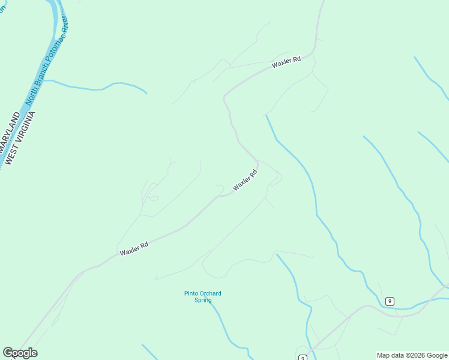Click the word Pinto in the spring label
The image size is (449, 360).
click(190, 293)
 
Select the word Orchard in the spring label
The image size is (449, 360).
click(210, 293)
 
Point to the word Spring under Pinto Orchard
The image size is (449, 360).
click(203, 300)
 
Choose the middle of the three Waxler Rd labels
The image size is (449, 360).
click(245, 180)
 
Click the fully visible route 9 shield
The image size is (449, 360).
click(390, 301)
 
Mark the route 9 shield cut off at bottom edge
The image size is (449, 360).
click(303, 358)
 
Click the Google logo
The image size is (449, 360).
click(20, 353)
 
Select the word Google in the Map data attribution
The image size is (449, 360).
click(437, 355)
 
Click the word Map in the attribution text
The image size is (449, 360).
click(383, 355)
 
